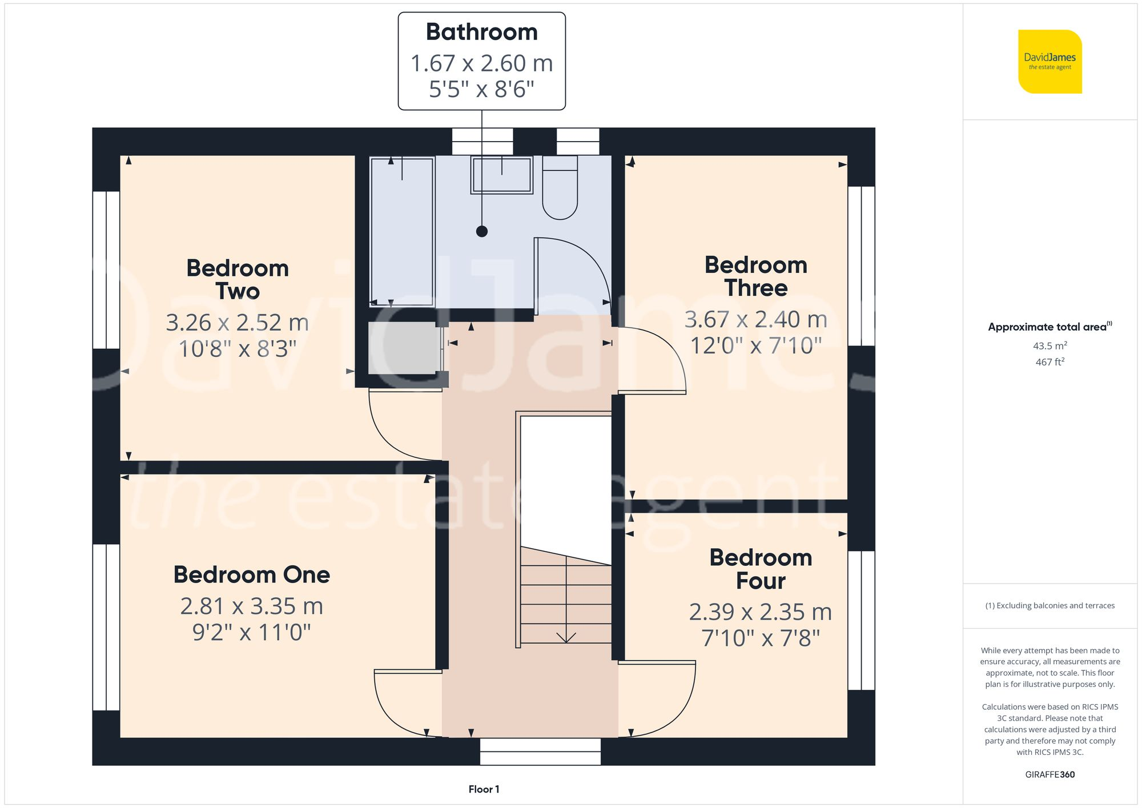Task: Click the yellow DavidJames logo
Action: click(x=1049, y=62)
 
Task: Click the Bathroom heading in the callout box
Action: click(x=481, y=32)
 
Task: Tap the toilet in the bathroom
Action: click(x=560, y=188)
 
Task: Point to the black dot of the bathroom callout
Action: click(x=482, y=231)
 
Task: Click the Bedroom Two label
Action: click(x=238, y=279)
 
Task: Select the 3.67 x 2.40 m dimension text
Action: click(x=755, y=319)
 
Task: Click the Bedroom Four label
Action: click(x=761, y=569)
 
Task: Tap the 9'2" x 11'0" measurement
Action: click(x=251, y=632)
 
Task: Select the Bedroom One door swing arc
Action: click(x=400, y=705)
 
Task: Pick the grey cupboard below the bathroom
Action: click(x=403, y=348)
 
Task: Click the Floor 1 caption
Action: click(x=484, y=789)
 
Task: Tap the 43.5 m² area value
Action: click(x=1049, y=345)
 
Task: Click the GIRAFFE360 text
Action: click(x=1049, y=774)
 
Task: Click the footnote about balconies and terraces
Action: click(x=1049, y=605)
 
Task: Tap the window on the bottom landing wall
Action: click(x=540, y=751)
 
